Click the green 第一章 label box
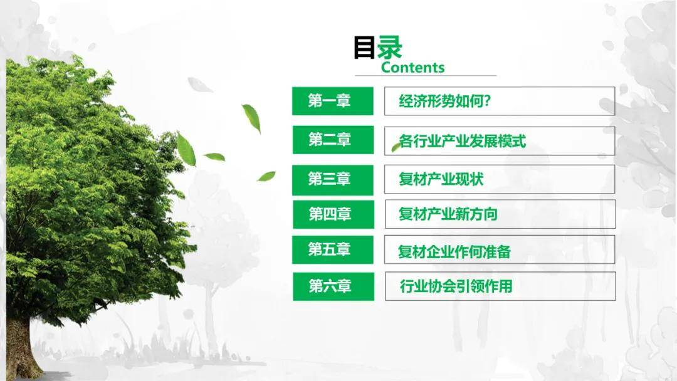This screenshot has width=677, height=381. tap(332, 101)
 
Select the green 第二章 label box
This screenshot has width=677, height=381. tap(333, 140)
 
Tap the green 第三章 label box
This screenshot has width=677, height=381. tap(332, 180)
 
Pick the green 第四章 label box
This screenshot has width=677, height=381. tap(333, 214)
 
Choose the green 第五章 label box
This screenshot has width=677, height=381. tap(332, 249)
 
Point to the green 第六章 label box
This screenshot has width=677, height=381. tap(333, 286)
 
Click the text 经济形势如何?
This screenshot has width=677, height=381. tap(444, 101)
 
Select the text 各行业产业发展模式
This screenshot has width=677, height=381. tap(463, 141)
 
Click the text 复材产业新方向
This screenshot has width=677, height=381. tap(448, 214)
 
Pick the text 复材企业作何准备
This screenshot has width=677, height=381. tap(454, 251)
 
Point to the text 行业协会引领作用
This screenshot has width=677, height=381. tap(456, 286)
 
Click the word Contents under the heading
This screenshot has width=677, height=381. tap(412, 67)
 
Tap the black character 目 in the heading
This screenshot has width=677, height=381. tap(364, 48)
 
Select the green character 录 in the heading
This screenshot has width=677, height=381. tap(389, 47)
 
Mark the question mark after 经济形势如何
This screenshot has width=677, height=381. tap(488, 101)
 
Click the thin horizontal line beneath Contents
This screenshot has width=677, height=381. tap(426, 75)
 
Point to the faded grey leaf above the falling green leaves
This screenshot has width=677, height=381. tap(199, 85)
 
